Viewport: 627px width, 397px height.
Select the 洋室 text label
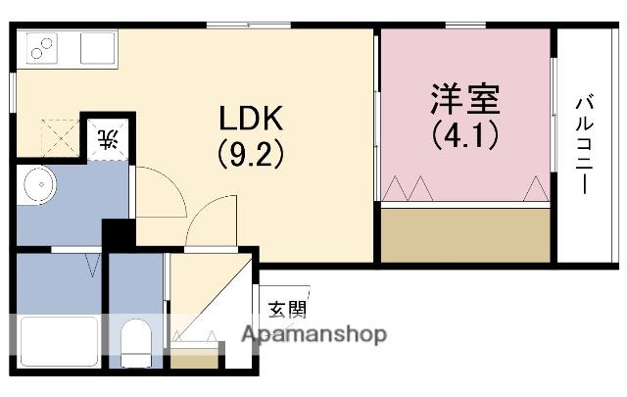(x=465, y=99)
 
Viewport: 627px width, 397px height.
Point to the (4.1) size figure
(x=465, y=132)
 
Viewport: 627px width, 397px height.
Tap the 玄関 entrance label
(x=287, y=309)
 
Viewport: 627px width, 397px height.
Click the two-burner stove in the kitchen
(x=44, y=45)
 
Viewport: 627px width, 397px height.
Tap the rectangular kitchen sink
(x=97, y=46)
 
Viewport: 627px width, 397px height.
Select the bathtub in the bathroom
(x=58, y=342)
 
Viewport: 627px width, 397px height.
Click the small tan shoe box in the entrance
(x=197, y=357)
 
